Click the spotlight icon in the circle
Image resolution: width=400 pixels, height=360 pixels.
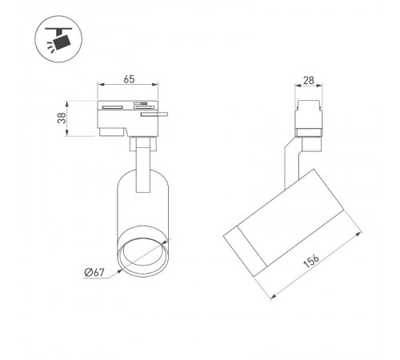click(x=55, y=39)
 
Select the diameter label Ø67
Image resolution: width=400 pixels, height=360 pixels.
click(x=95, y=274)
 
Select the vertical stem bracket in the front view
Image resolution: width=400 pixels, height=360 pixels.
click(x=142, y=164)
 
